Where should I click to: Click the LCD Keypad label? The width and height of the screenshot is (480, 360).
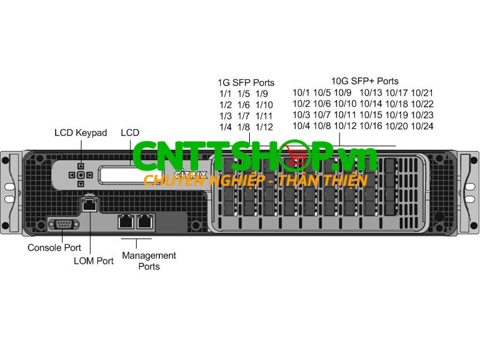[80, 133]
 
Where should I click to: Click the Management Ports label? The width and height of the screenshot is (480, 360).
[149, 261]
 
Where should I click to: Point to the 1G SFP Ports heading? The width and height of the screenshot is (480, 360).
[246, 83]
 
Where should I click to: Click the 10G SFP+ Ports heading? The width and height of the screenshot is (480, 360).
[365, 81]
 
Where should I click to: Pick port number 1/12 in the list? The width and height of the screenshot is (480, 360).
[264, 127]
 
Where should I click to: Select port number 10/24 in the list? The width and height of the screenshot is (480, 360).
[422, 126]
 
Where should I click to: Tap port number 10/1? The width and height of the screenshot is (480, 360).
[301, 93]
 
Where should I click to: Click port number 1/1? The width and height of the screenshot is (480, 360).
[225, 94]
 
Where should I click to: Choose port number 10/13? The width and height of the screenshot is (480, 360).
[371, 93]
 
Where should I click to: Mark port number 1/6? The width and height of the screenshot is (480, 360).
[244, 105]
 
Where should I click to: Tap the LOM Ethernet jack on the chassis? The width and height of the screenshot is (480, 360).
[89, 204]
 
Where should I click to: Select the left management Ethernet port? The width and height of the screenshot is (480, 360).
[125, 221]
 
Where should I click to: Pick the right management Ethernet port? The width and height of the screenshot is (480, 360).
[145, 221]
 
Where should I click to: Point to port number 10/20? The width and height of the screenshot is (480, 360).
[397, 126]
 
